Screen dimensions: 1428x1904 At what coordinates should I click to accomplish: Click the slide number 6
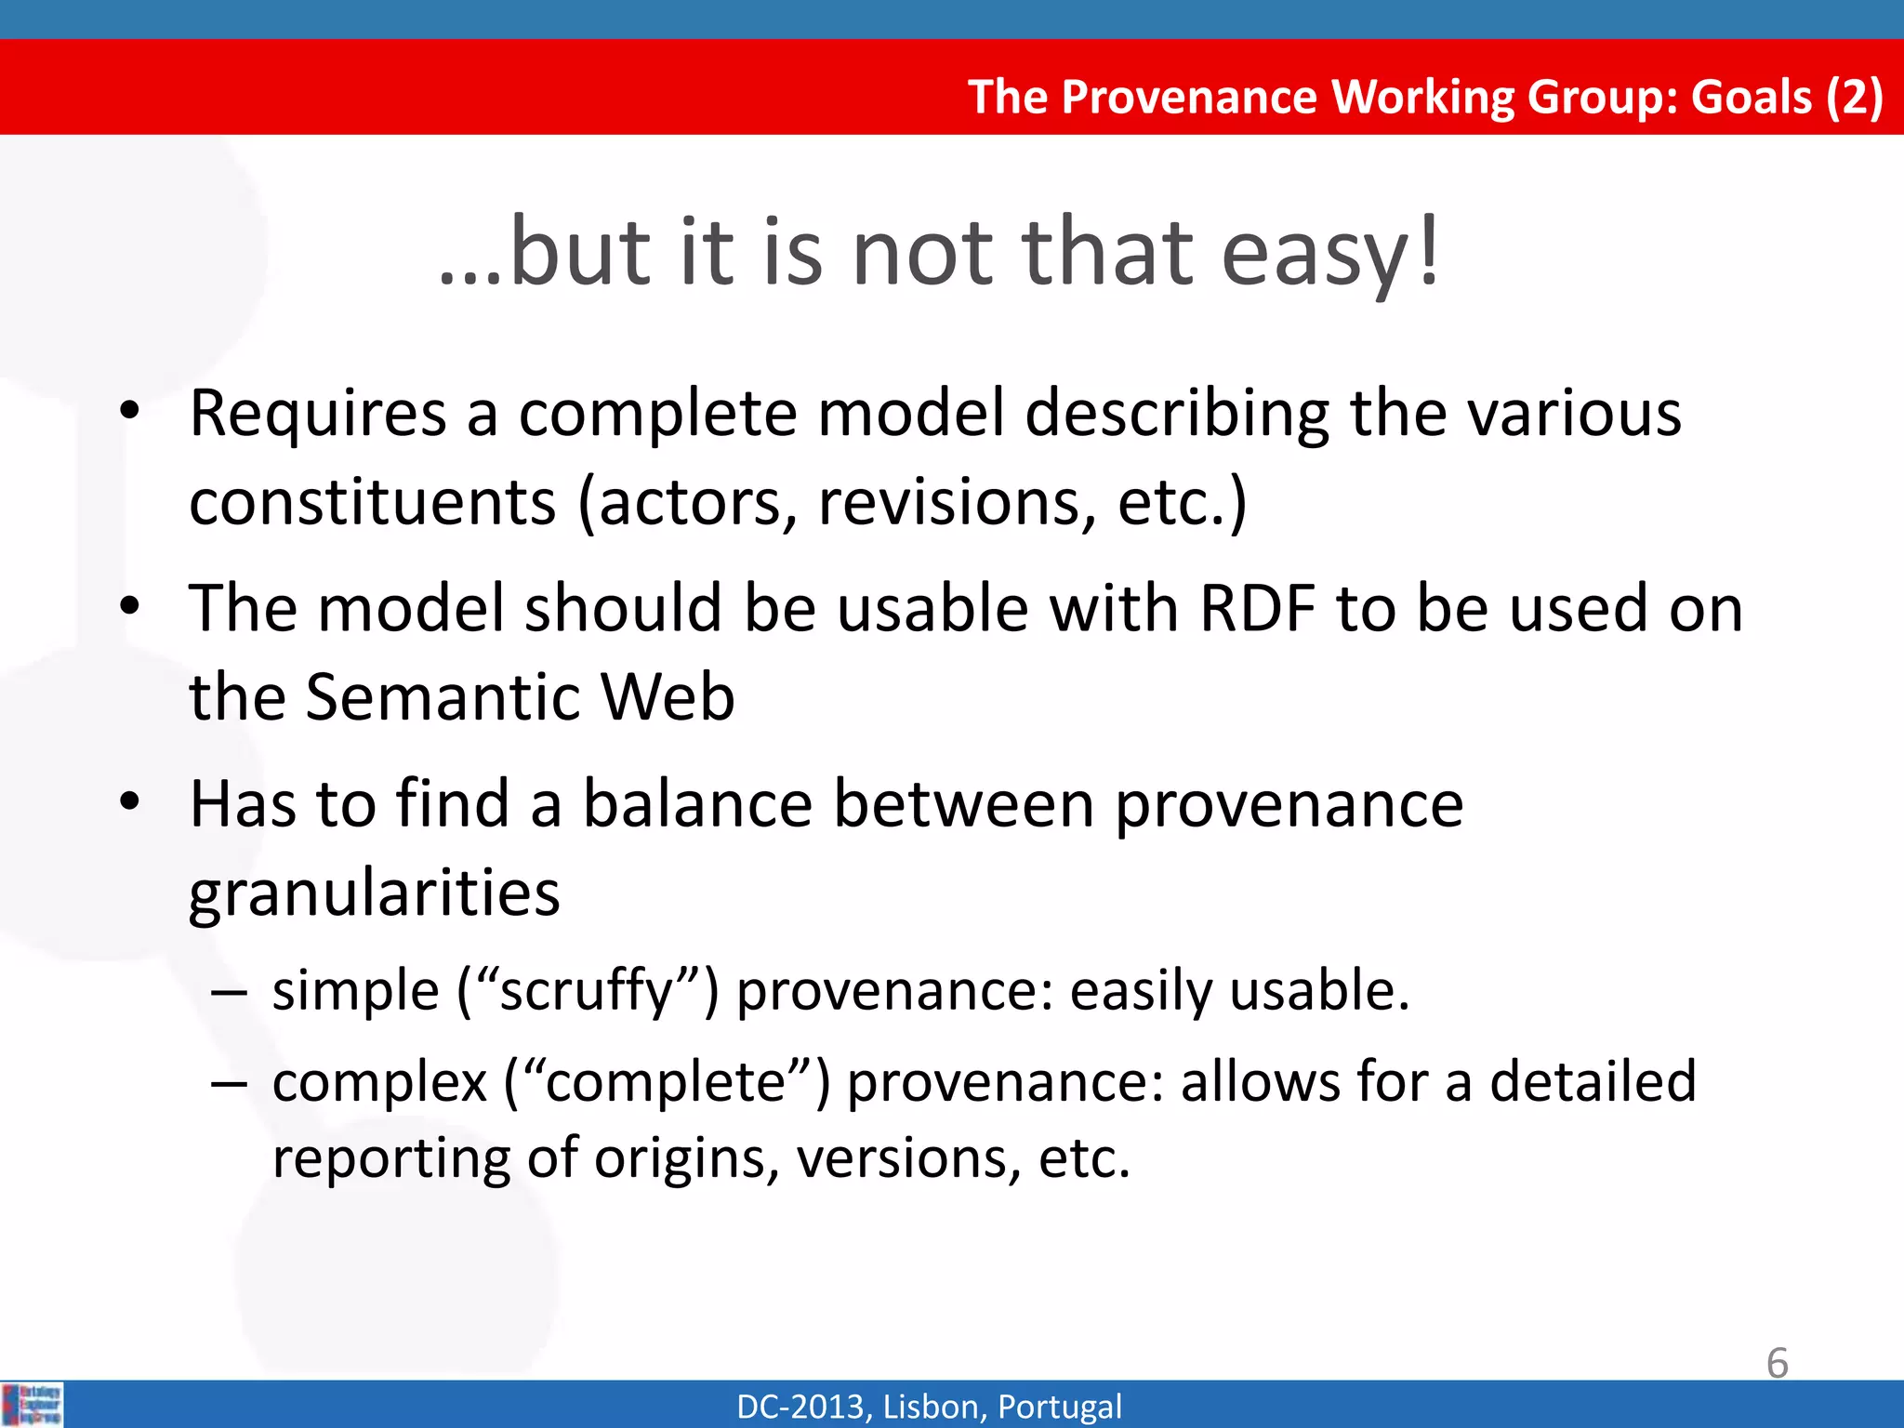[x=1777, y=1363]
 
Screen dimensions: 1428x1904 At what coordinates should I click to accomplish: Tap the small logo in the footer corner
[x=33, y=1404]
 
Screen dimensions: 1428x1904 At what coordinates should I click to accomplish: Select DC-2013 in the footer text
[x=803, y=1406]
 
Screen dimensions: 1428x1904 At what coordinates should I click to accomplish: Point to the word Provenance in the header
[x=1190, y=97]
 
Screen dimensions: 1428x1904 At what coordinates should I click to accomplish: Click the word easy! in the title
[x=1329, y=253]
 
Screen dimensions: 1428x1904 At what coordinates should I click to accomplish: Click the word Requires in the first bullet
[x=317, y=414]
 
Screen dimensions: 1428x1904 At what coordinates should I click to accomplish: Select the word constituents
[x=372, y=503]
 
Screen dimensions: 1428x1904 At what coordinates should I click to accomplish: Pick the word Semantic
[x=443, y=697]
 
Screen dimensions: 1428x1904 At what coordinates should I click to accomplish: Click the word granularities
[x=374, y=894]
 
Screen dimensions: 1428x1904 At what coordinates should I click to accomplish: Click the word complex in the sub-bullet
[x=379, y=1084]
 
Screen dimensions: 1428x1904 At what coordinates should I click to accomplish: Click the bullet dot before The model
[x=129, y=606]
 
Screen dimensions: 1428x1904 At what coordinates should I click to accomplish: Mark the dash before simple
[x=229, y=992]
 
